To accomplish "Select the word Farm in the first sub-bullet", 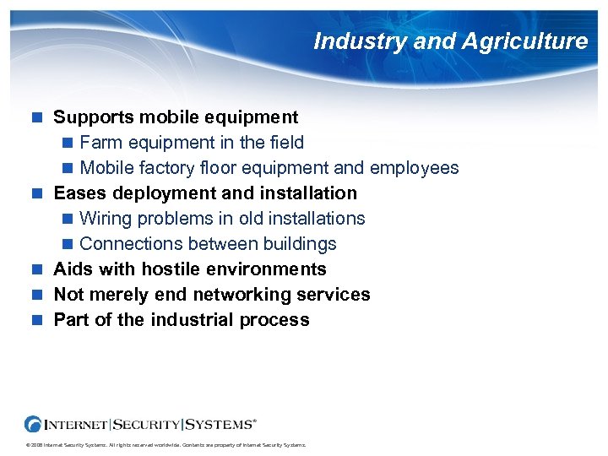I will point(100,143).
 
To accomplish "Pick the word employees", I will point(415,168).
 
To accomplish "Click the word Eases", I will point(79,193).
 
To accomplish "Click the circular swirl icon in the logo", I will point(34,424).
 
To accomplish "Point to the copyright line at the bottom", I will point(166,445).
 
